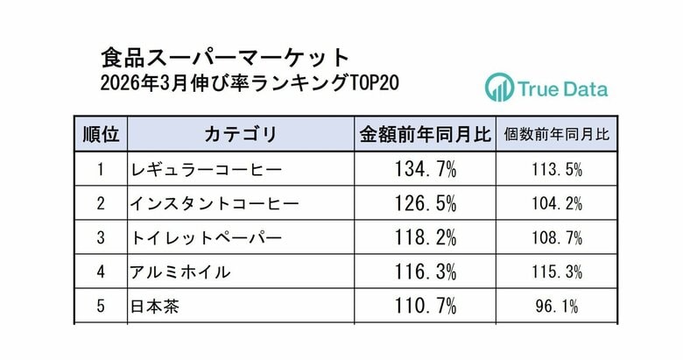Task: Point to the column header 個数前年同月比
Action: coord(556,135)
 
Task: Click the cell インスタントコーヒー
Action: coord(214,203)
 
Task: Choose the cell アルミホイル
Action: coord(180,272)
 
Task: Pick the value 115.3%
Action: coord(556,272)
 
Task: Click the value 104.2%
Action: coord(556,203)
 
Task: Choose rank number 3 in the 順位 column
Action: coord(101,237)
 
